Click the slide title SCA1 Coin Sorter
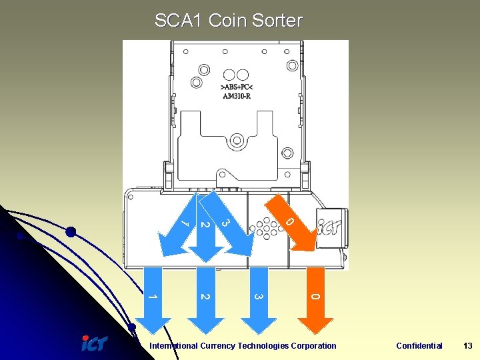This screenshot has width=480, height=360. [228, 21]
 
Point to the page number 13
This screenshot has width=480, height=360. [467, 345]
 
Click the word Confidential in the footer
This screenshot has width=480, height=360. [419, 345]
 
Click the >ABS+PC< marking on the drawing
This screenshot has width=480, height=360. [236, 87]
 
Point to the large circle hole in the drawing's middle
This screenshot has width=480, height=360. [236, 139]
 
